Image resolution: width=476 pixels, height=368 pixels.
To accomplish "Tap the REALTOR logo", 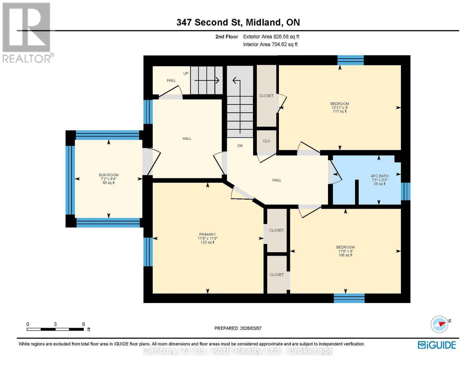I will [27, 33].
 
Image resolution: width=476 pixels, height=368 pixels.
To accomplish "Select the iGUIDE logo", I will [437, 345].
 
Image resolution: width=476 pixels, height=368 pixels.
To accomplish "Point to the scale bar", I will [55, 329].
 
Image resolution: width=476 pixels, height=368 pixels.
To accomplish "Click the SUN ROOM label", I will [109, 175].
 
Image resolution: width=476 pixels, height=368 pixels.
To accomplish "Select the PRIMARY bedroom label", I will [208, 234].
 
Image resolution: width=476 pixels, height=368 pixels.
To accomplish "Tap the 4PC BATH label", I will [379, 176].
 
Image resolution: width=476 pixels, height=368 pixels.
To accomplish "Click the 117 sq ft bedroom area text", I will [340, 112].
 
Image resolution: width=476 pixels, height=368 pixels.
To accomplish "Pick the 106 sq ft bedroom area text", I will [345, 255].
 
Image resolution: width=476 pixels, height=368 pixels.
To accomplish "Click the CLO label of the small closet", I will [266, 141].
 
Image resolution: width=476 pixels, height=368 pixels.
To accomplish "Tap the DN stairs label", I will [240, 146].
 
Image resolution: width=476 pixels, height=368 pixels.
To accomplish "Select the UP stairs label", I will [186, 74].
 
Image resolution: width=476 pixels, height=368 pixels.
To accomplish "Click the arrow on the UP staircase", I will [207, 81].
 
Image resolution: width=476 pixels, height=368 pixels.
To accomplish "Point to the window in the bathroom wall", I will [406, 191].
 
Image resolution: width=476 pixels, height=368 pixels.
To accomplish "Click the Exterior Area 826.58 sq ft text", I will [271, 36].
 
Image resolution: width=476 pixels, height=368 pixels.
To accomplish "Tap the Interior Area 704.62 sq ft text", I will [270, 44].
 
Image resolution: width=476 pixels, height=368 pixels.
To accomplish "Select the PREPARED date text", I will [238, 328].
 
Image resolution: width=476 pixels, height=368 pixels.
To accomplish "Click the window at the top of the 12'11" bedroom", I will [350, 60].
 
